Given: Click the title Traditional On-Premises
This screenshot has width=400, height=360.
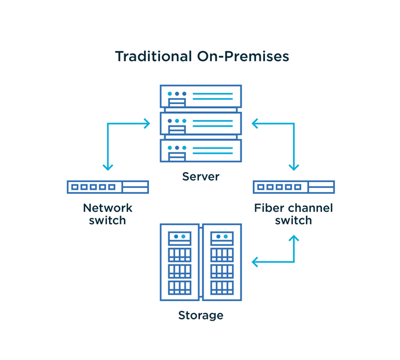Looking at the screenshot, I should [202, 57].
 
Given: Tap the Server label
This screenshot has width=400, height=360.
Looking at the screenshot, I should [201, 177].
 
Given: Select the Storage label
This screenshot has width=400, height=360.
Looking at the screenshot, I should [201, 315].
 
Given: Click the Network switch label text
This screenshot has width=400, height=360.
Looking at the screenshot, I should [108, 214].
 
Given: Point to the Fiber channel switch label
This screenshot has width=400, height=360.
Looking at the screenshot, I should [293, 214].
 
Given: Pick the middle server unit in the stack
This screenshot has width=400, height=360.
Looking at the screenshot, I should [201, 123].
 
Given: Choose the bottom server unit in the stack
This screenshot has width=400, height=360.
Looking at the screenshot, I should [201, 150].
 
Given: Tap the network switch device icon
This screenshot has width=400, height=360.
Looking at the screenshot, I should [108, 187].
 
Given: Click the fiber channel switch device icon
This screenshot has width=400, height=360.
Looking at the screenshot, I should [293, 187].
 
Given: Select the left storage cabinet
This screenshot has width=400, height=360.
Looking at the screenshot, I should [180, 262].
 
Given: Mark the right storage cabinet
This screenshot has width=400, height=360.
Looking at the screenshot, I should [221, 262].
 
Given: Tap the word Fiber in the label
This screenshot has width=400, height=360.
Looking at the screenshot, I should [267, 208].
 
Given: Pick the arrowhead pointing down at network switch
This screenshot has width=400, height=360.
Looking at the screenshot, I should [108, 167].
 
